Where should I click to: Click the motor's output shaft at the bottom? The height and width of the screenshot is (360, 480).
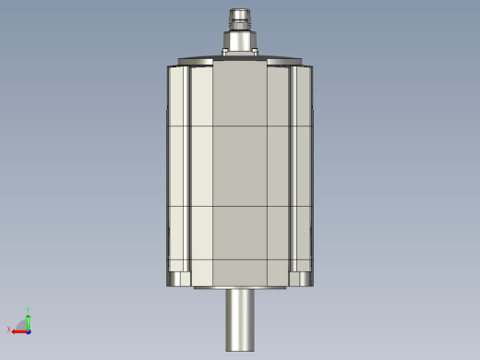[240, 318]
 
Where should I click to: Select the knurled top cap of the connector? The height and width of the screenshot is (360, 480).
[240, 16]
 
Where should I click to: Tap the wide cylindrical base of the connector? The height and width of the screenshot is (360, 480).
[240, 41]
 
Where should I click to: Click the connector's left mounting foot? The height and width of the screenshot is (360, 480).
[226, 53]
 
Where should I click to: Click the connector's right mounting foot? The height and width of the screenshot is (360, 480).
[254, 53]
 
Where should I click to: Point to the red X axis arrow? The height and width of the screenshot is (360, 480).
[18, 330]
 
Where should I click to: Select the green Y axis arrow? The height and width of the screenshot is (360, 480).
[28, 320]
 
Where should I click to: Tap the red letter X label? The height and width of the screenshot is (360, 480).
[9, 330]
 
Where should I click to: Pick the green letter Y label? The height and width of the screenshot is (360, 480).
[29, 311]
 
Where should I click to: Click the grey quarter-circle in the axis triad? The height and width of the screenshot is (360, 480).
[23, 325]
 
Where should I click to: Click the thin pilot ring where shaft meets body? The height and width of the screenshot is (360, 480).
[240, 288]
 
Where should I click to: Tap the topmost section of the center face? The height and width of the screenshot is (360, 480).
[240, 96]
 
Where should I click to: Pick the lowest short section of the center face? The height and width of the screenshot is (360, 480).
[240, 272]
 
